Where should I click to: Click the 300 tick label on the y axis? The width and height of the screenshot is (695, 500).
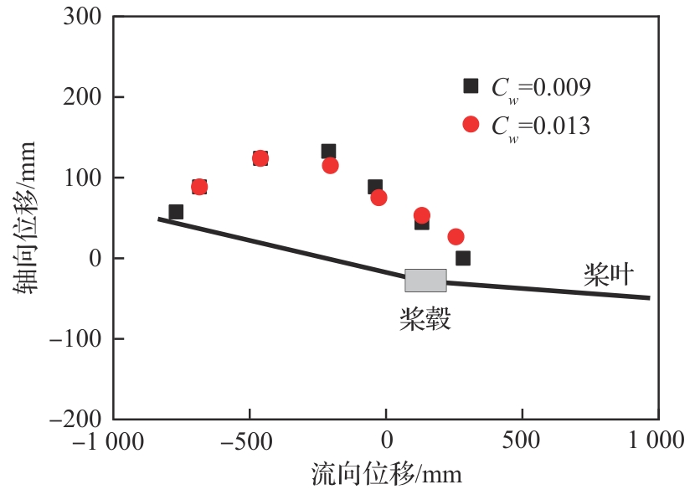click(82, 16)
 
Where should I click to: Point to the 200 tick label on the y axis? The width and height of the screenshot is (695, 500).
click(82, 97)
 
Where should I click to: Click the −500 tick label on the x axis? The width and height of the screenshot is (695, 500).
click(250, 441)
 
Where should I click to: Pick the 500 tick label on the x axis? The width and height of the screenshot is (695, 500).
click(522, 441)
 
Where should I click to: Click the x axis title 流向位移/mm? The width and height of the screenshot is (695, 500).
click(386, 474)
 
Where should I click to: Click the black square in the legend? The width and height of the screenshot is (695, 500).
click(471, 85)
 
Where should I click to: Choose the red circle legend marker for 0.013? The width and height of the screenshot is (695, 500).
click(471, 124)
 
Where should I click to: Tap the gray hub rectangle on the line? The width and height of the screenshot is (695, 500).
click(425, 281)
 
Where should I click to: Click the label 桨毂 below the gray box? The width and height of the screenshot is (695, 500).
click(425, 318)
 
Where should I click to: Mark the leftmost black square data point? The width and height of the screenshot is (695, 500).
click(176, 212)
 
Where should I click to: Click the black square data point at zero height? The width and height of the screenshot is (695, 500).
click(463, 258)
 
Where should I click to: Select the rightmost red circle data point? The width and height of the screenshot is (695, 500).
click(456, 237)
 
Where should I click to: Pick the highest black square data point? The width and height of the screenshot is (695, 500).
click(328, 152)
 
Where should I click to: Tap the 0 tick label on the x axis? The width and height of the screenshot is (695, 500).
click(386, 441)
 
